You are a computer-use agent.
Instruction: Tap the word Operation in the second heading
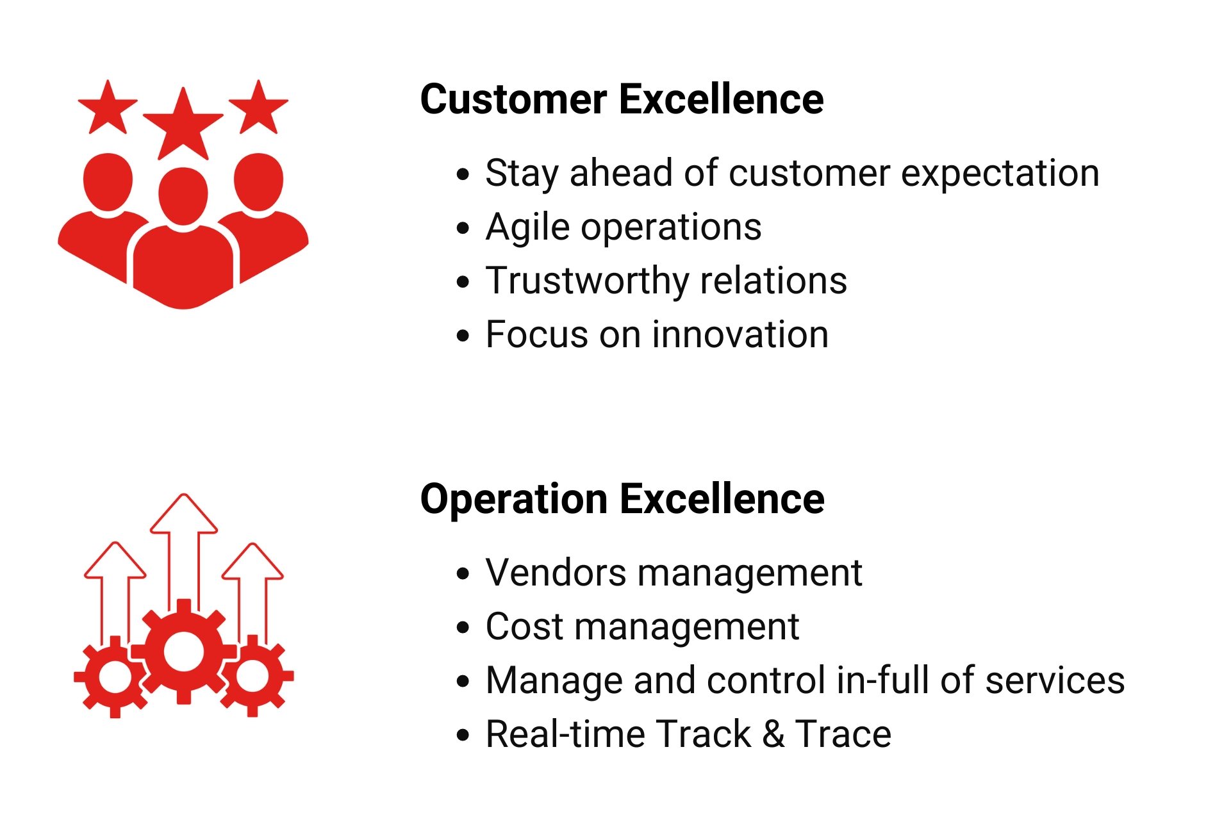(x=513, y=500)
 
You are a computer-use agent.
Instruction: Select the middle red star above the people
(x=183, y=127)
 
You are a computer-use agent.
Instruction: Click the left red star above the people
(x=108, y=109)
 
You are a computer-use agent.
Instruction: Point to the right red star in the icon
(x=258, y=109)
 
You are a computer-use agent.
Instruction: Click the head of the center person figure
(x=183, y=195)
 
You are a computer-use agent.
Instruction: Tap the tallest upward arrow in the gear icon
(x=184, y=545)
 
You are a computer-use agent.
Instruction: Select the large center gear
(x=184, y=652)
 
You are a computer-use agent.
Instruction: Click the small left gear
(x=115, y=676)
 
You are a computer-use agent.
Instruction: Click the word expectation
(x=1000, y=174)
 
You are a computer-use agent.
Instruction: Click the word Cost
(x=524, y=627)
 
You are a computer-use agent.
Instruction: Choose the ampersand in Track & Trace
(x=773, y=734)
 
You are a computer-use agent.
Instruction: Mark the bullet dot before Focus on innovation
(x=463, y=336)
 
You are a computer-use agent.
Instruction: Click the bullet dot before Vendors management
(x=463, y=574)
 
